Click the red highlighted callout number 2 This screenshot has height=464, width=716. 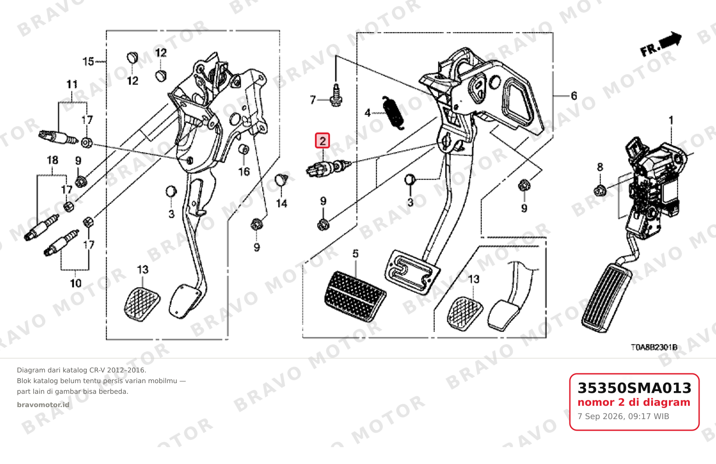tap(322, 141)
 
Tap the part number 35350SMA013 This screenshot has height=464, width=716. tap(634, 388)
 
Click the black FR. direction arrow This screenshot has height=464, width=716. tap(670, 40)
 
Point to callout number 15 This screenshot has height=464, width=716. tap(88, 61)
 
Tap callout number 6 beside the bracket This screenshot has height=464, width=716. tap(574, 96)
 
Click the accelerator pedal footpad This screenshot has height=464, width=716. tap(606, 298)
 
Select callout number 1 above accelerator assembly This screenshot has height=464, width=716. tap(671, 120)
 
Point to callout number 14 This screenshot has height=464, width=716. tap(282, 204)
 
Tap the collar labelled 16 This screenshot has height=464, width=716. tap(244, 149)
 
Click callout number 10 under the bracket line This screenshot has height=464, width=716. tap(76, 283)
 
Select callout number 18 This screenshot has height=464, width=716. tap(52, 160)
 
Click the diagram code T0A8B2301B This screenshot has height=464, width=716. tap(654, 347)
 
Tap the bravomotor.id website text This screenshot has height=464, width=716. tap(43, 405)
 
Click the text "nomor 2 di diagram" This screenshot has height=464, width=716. tap(634, 402)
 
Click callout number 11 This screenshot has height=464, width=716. tap(72, 84)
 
